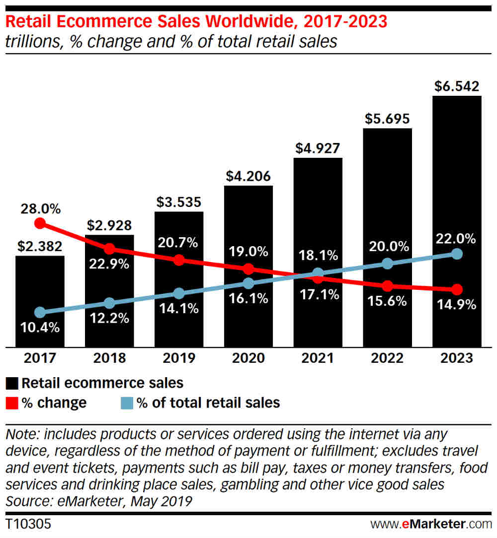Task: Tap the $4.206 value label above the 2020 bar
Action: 248,176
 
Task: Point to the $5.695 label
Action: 388,119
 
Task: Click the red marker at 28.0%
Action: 40,223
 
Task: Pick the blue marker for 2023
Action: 457,254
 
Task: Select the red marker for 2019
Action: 179,260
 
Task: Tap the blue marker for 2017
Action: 40,312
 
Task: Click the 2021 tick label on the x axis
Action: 318,358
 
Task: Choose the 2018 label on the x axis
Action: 109,358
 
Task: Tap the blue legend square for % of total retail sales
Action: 128,403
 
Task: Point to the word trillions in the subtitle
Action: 35,41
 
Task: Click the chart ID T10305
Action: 28,524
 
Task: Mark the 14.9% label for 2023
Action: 457,304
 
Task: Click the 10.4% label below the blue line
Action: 40,327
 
